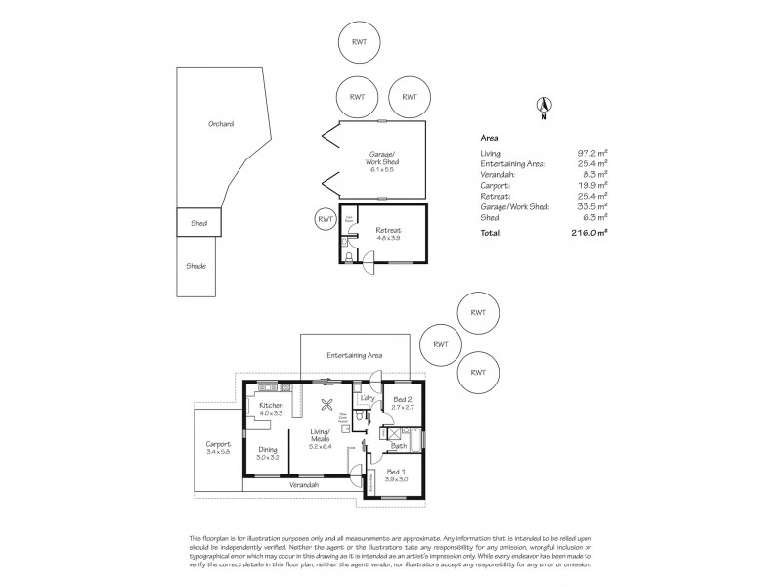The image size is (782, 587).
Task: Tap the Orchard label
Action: point(221,124)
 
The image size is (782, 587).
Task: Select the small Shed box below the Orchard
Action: point(198,223)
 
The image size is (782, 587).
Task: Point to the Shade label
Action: point(197,265)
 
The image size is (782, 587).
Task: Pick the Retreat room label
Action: point(388,230)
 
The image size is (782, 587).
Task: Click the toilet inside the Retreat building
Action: point(348,257)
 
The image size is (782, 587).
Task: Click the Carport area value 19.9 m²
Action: point(592,184)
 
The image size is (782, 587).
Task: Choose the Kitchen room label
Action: point(271,405)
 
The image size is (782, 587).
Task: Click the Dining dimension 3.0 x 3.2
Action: point(267,457)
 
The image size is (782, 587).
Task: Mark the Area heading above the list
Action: point(490,139)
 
